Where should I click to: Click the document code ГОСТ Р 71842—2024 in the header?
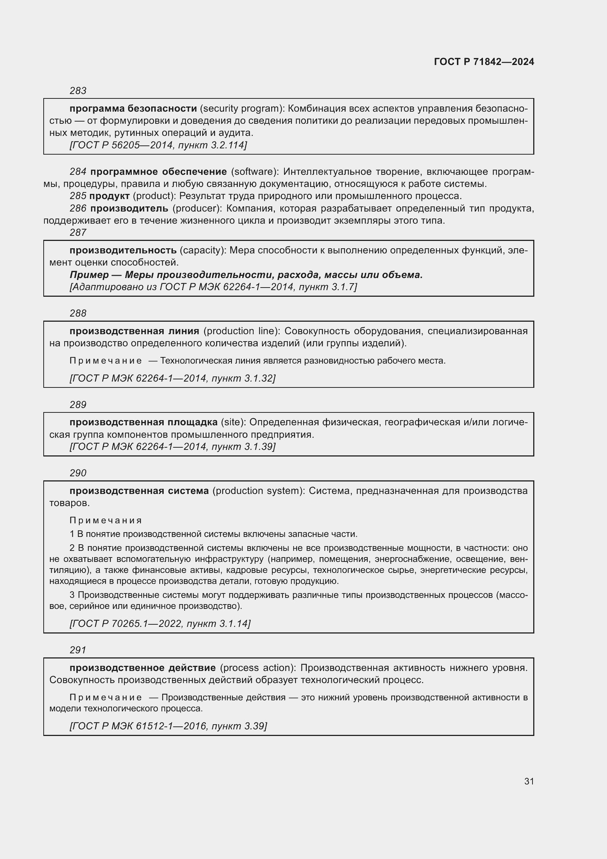coord(484,62)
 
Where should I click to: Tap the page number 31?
coord(529,781)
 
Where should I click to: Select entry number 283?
coord(78,91)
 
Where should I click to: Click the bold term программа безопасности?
coord(133,108)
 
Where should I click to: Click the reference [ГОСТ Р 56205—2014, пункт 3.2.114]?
coord(158,145)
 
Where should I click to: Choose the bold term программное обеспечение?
coord(159,172)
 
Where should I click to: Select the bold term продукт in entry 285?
coord(109,196)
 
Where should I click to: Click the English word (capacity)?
coord(203,250)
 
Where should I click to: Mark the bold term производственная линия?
coord(134,331)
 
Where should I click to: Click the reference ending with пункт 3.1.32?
coord(172,378)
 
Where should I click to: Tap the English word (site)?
coord(233,422)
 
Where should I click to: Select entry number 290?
coord(78,473)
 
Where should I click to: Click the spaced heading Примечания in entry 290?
coord(106,520)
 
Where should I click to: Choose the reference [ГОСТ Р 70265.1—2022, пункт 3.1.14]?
coord(160,624)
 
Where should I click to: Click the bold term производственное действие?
coord(142,668)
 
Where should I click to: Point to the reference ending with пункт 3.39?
coord(168,726)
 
